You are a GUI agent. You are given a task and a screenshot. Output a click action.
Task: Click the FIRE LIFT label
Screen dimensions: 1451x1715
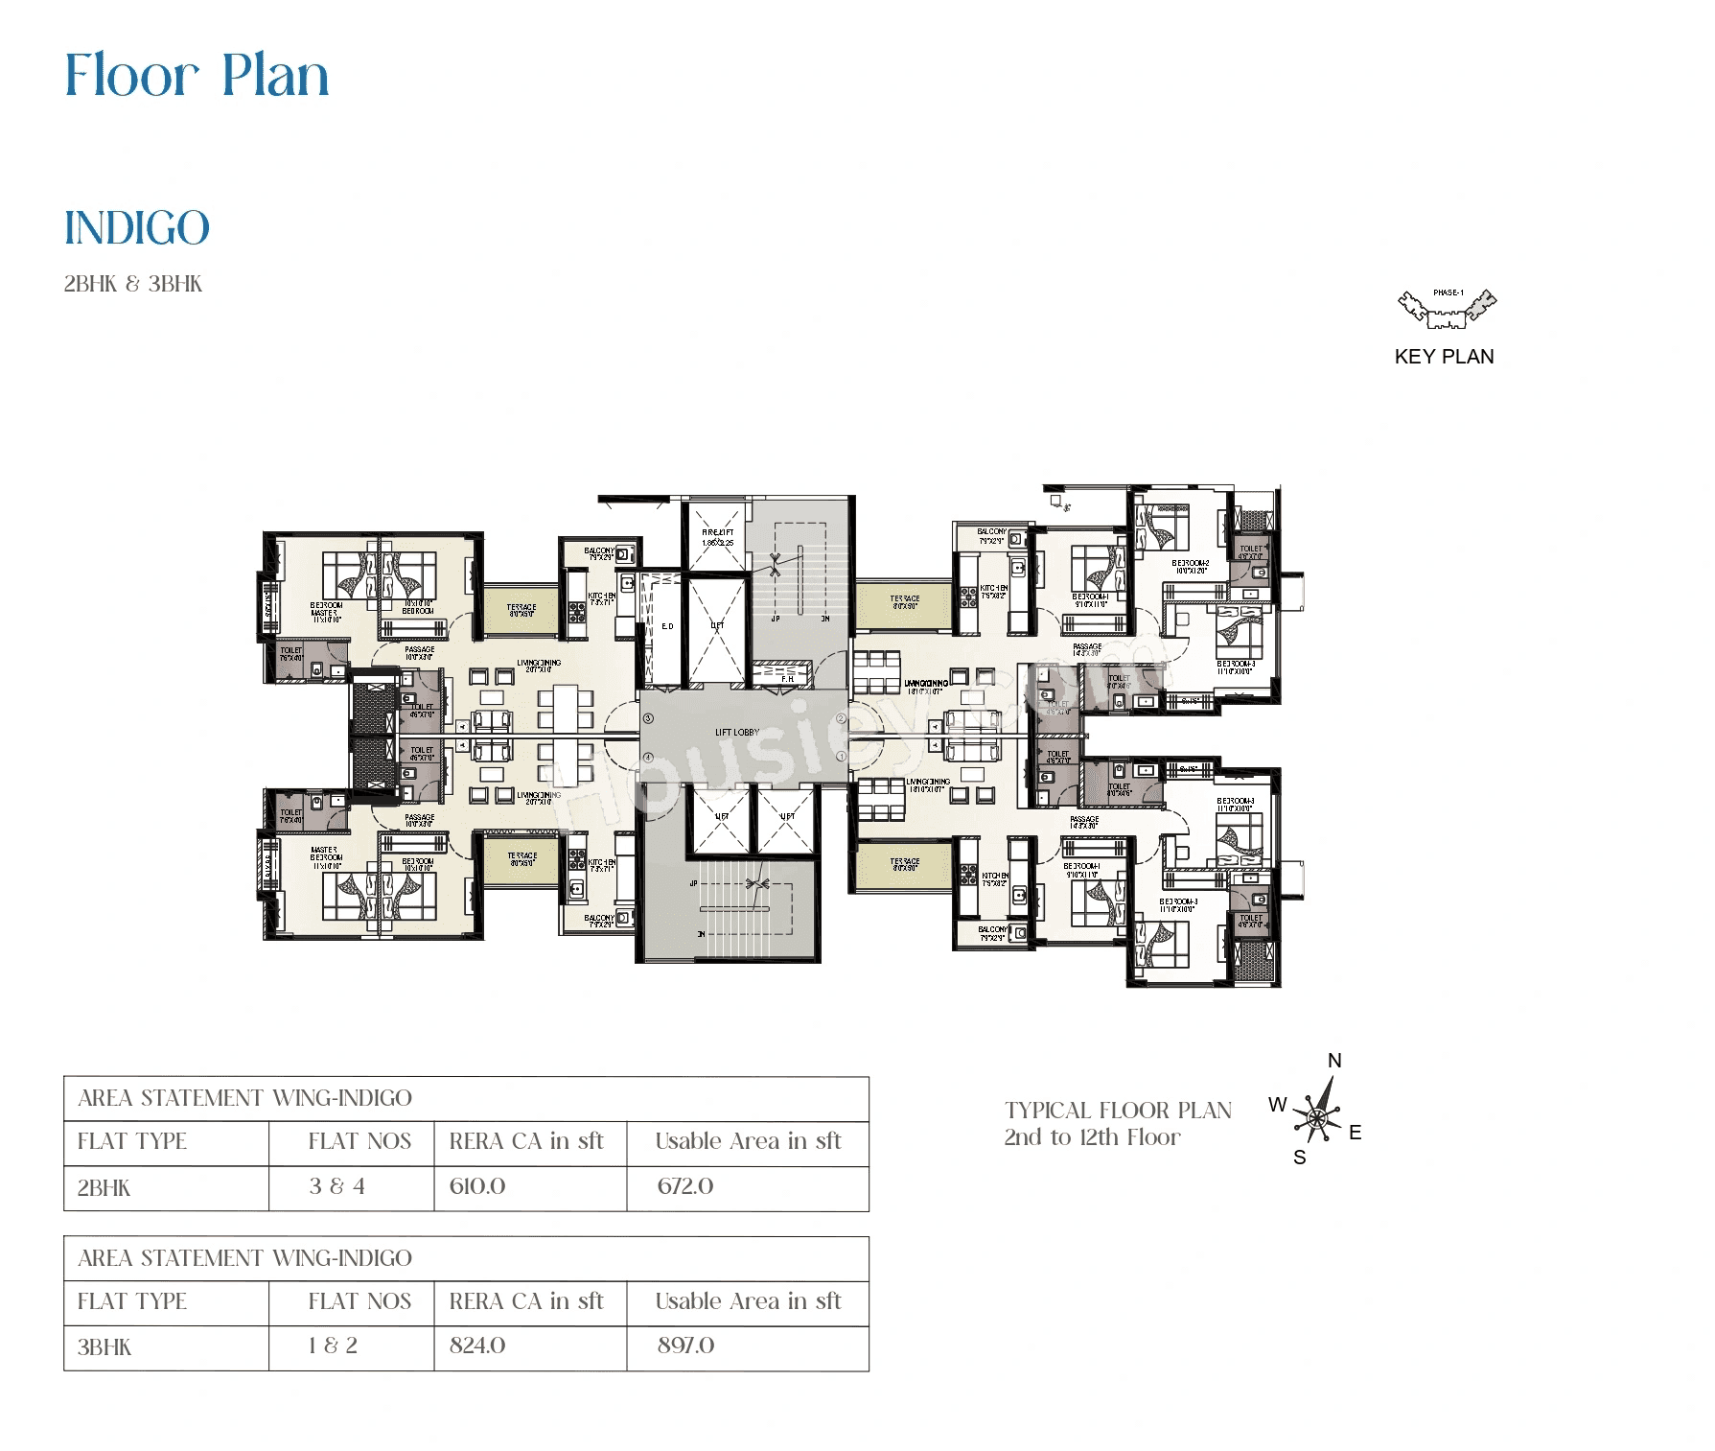tap(717, 532)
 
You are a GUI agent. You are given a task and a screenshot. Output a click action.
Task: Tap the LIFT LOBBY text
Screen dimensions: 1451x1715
tap(737, 733)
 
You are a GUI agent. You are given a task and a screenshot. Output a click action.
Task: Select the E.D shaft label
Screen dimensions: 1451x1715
tap(667, 626)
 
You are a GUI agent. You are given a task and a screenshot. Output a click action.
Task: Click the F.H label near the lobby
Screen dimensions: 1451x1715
tap(787, 679)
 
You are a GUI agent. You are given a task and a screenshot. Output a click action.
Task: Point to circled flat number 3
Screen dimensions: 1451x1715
tap(648, 718)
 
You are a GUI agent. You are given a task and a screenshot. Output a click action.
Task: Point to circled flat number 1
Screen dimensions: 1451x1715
tap(842, 758)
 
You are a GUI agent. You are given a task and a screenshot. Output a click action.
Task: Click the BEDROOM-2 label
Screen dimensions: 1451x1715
tap(1190, 564)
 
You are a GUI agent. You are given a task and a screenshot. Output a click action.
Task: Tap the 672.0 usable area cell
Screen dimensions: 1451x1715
tap(685, 1186)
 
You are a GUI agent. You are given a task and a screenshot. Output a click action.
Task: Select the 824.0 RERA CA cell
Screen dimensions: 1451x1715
tap(477, 1346)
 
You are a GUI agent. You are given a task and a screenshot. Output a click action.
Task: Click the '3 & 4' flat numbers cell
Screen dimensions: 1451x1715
tap(336, 1186)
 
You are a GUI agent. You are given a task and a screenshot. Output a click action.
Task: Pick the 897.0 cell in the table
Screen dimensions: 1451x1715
tap(685, 1346)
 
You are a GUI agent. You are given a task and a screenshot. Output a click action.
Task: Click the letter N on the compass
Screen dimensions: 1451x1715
tap(1334, 1061)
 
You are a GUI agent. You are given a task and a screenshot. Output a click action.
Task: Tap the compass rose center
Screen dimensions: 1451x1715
tap(1317, 1117)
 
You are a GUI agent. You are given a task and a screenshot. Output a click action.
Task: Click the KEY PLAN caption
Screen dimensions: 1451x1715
tap(1444, 357)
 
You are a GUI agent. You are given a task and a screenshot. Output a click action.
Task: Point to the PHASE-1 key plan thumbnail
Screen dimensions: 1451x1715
tap(1447, 308)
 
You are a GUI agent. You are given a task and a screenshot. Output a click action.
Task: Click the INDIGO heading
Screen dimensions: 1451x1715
tap(136, 228)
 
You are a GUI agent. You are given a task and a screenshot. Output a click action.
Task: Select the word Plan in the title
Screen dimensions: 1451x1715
tap(275, 76)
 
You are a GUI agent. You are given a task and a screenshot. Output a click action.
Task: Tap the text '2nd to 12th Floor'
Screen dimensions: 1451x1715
tap(1092, 1137)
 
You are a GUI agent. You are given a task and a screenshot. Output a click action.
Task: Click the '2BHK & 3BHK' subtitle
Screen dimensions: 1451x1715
tap(133, 284)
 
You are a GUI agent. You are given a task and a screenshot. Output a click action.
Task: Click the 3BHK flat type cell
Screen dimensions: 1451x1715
tap(104, 1347)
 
